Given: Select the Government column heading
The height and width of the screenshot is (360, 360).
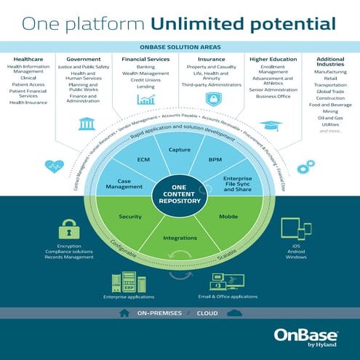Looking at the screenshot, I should click(83, 58).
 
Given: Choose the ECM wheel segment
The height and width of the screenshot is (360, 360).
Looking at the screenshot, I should click(143, 159).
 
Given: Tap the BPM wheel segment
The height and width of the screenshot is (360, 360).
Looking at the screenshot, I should click(215, 159).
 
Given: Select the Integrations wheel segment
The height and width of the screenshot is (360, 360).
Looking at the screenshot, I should click(179, 238).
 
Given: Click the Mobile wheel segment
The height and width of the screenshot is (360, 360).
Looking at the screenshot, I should click(228, 217).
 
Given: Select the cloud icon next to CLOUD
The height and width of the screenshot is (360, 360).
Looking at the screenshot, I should click(234, 313).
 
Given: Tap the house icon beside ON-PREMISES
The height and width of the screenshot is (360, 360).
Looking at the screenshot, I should click(124, 313).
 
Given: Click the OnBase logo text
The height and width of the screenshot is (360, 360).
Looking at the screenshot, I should click(303, 335).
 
